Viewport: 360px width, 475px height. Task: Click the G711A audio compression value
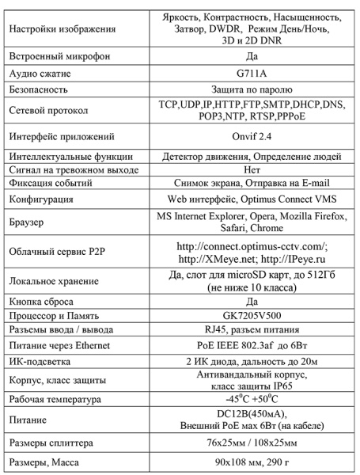[248, 74]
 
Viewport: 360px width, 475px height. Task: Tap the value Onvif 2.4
[248, 136]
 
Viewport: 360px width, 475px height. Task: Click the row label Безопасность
[39, 90]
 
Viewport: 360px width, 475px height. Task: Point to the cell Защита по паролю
[248, 90]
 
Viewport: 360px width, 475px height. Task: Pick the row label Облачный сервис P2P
[59, 253]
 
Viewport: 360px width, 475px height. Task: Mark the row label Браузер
[26, 220]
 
